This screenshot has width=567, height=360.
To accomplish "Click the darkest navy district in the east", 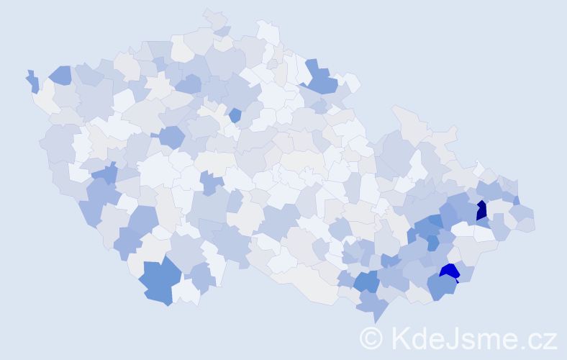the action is [481, 210].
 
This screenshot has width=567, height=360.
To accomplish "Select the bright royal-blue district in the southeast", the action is [450, 271].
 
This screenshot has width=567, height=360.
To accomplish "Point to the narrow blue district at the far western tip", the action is [33, 81].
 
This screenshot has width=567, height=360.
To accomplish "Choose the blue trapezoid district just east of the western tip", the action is [60, 74].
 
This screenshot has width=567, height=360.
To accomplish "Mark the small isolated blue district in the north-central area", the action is [235, 114].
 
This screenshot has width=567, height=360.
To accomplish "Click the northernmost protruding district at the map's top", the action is [214, 18].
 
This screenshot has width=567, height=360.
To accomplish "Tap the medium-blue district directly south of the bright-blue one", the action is [440, 287].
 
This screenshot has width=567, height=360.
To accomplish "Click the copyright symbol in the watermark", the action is [371, 338].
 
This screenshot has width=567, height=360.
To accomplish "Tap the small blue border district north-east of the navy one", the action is [516, 200].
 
